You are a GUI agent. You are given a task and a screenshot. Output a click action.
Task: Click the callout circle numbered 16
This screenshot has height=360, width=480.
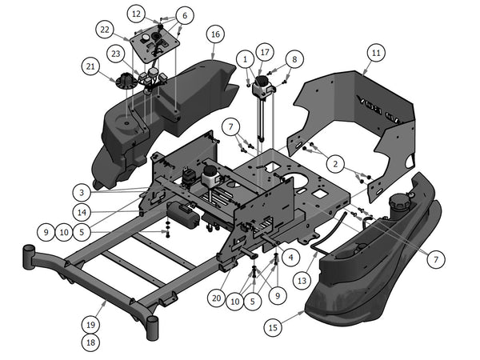pos(214,34)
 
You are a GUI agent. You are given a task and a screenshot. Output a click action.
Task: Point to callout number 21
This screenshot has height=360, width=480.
pos(90,66)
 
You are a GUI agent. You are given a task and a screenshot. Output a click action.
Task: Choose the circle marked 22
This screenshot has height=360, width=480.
pos(104,30)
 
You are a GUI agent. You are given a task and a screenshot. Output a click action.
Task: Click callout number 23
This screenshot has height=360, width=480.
pos(116,54)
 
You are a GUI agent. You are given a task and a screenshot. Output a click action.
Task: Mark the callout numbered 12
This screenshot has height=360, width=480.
pos(137,14)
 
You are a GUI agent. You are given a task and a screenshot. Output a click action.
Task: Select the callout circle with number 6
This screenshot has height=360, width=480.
pos(184,15)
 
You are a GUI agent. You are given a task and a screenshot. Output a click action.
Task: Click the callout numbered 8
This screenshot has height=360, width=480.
pos(294,58)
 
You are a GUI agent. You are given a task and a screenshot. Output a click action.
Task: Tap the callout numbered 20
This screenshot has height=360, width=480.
pos(215,297)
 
